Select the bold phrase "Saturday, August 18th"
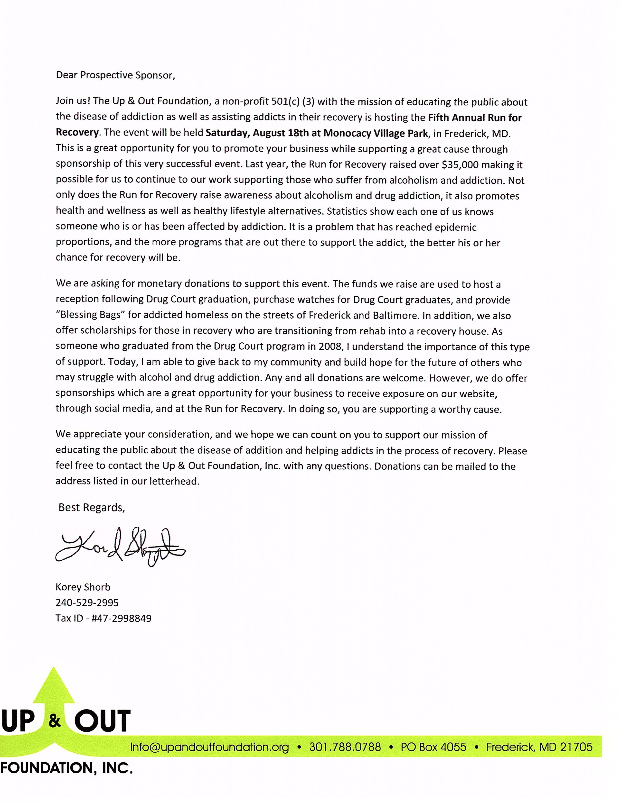(257, 133)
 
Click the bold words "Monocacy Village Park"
(376, 133)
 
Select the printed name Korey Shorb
(83, 587)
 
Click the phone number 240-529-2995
(87, 603)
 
